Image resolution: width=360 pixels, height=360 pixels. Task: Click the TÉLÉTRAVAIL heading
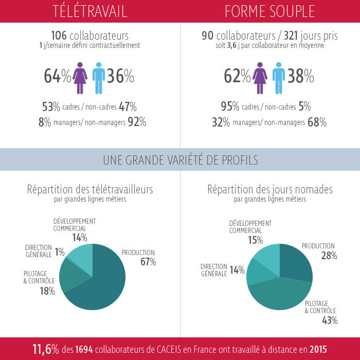[x=89, y=11]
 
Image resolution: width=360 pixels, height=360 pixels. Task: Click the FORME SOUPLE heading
[x=269, y=11]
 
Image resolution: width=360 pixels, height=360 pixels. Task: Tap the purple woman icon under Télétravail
[x=80, y=78]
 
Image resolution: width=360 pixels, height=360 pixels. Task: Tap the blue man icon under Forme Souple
[x=279, y=78]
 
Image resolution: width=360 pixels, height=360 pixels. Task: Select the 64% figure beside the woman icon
[x=57, y=77]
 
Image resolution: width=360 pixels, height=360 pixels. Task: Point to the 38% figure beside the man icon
[x=301, y=77]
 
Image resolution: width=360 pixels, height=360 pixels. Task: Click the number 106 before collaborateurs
[x=60, y=35]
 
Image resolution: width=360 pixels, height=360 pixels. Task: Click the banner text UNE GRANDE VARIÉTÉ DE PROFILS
[x=180, y=159]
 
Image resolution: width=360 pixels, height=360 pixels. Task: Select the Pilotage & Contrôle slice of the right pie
[x=278, y=293]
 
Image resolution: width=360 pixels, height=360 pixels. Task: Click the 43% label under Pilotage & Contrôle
[x=329, y=321]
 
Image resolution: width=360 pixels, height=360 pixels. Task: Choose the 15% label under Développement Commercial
[x=255, y=240]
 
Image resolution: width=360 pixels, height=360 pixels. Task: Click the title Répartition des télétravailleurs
[x=90, y=189]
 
